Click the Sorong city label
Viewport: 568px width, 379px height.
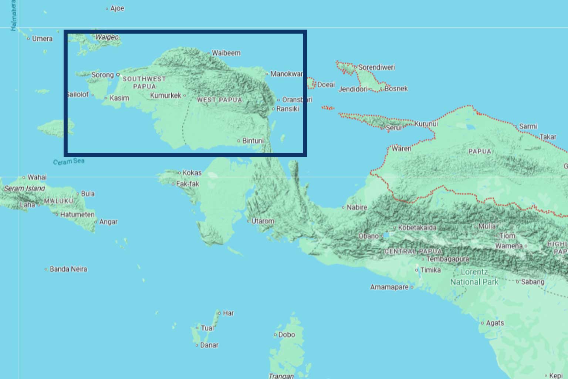tap(102, 75)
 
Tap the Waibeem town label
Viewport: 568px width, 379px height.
tap(226, 53)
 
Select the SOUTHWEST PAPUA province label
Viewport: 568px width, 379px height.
tap(144, 83)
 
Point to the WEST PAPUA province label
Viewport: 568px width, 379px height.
tap(219, 100)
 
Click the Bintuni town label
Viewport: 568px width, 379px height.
tap(253, 141)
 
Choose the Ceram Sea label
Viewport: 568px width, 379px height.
tap(69, 162)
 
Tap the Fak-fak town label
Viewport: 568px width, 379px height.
tap(187, 184)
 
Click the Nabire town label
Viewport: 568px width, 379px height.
tap(357, 207)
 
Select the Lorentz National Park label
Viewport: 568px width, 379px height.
tap(474, 277)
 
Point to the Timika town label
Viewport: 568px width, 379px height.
tap(430, 270)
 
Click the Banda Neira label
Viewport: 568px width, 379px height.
tap(68, 269)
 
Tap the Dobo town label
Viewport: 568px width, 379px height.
tap(287, 335)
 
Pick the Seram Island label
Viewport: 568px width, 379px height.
tap(24, 188)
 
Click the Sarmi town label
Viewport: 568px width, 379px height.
tap(528, 127)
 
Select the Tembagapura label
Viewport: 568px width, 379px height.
tap(448, 259)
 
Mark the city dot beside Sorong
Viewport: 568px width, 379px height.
tap(118, 74)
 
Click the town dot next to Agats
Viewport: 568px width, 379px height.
tap(482, 323)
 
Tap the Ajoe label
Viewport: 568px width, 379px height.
tap(117, 9)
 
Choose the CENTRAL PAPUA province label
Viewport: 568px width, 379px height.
tap(413, 251)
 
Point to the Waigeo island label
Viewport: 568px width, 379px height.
tap(107, 37)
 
